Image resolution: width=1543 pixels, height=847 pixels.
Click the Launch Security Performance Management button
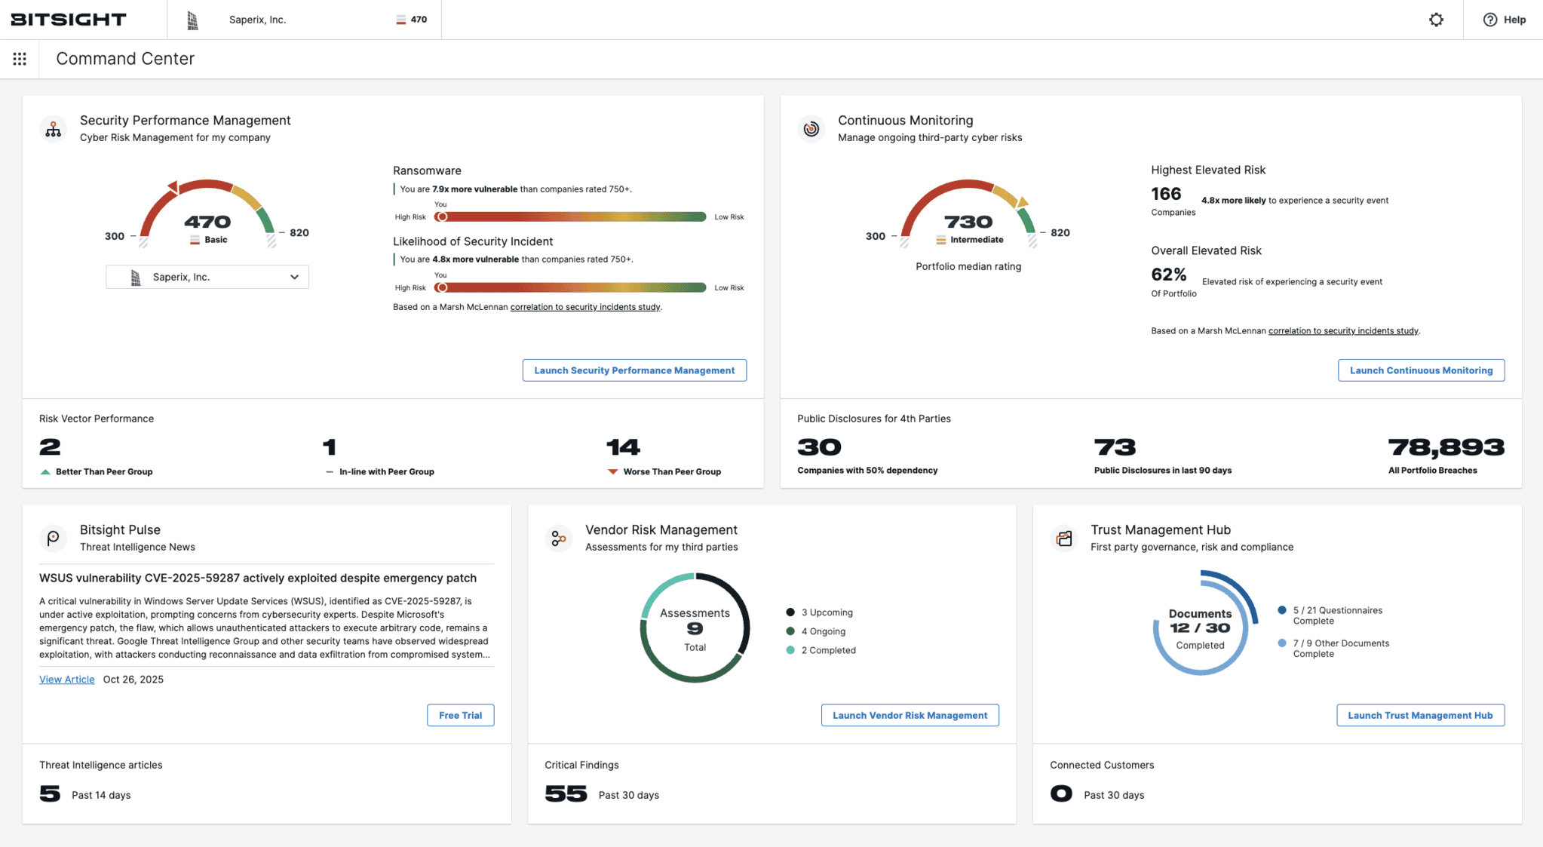tap(634, 370)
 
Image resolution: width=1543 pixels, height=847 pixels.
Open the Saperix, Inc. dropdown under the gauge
tap(207, 277)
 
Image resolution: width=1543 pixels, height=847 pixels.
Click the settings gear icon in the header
tap(1436, 20)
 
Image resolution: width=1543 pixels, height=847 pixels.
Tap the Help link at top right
tap(1505, 20)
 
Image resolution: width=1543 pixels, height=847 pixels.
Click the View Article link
tap(66, 680)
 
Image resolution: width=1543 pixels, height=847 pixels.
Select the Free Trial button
tap(460, 715)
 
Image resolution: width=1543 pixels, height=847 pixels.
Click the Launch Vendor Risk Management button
tap(910, 715)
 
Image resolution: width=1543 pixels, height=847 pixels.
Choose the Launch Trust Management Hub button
tap(1420, 715)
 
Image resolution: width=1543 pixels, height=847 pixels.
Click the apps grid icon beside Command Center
tap(20, 59)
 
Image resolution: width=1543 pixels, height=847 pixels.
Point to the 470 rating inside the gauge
tap(207, 222)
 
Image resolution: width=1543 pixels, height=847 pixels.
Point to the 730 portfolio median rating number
tap(968, 222)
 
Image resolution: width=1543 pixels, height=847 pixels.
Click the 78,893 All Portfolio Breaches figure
tap(1446, 447)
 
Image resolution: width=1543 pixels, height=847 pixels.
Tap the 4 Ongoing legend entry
tap(823, 631)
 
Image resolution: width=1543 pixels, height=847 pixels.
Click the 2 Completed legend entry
tap(828, 650)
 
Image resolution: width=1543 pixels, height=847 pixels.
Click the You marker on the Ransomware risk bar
tap(442, 217)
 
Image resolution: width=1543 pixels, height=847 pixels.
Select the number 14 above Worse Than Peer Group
tap(623, 447)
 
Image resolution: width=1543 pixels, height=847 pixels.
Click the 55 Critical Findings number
tap(566, 793)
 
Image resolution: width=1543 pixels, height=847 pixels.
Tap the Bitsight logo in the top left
tap(69, 20)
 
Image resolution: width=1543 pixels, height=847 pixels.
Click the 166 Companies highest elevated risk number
tap(1166, 194)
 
